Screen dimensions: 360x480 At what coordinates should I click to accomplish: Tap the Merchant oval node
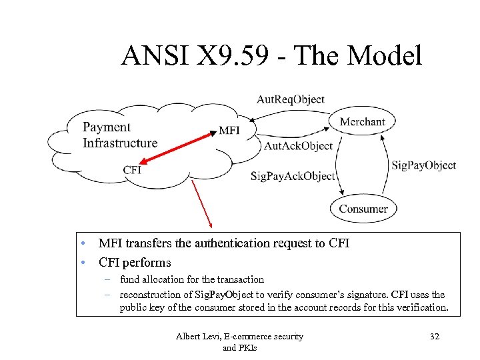click(362, 121)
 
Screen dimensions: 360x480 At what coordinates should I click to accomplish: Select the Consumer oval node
click(363, 209)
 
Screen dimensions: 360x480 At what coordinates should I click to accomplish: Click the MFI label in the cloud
click(229, 131)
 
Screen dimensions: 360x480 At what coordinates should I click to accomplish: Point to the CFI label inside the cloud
click(132, 169)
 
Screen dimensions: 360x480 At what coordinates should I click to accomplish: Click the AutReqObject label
click(291, 100)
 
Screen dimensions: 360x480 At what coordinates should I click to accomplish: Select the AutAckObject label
click(298, 146)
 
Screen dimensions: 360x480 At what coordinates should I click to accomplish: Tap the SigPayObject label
click(423, 165)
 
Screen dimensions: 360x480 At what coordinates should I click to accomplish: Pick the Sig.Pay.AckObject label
click(293, 176)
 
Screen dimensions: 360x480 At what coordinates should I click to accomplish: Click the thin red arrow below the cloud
click(201, 203)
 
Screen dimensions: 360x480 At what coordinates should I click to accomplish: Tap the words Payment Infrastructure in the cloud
click(120, 135)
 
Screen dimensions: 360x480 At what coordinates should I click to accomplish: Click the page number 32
click(435, 337)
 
